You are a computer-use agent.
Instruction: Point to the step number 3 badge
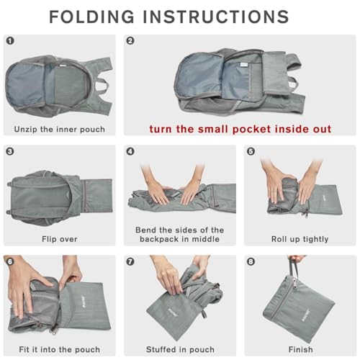point(9,152)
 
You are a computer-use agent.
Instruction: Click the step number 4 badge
point(130,152)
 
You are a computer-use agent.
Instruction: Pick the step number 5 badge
point(251,152)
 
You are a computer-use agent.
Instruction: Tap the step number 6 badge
point(9,261)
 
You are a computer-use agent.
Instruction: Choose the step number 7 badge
point(130,261)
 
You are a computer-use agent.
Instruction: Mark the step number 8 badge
point(251,261)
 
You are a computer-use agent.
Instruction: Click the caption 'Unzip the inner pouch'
point(59,130)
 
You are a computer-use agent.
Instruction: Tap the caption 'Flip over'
point(59,239)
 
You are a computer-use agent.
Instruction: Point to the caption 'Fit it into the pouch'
point(59,349)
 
